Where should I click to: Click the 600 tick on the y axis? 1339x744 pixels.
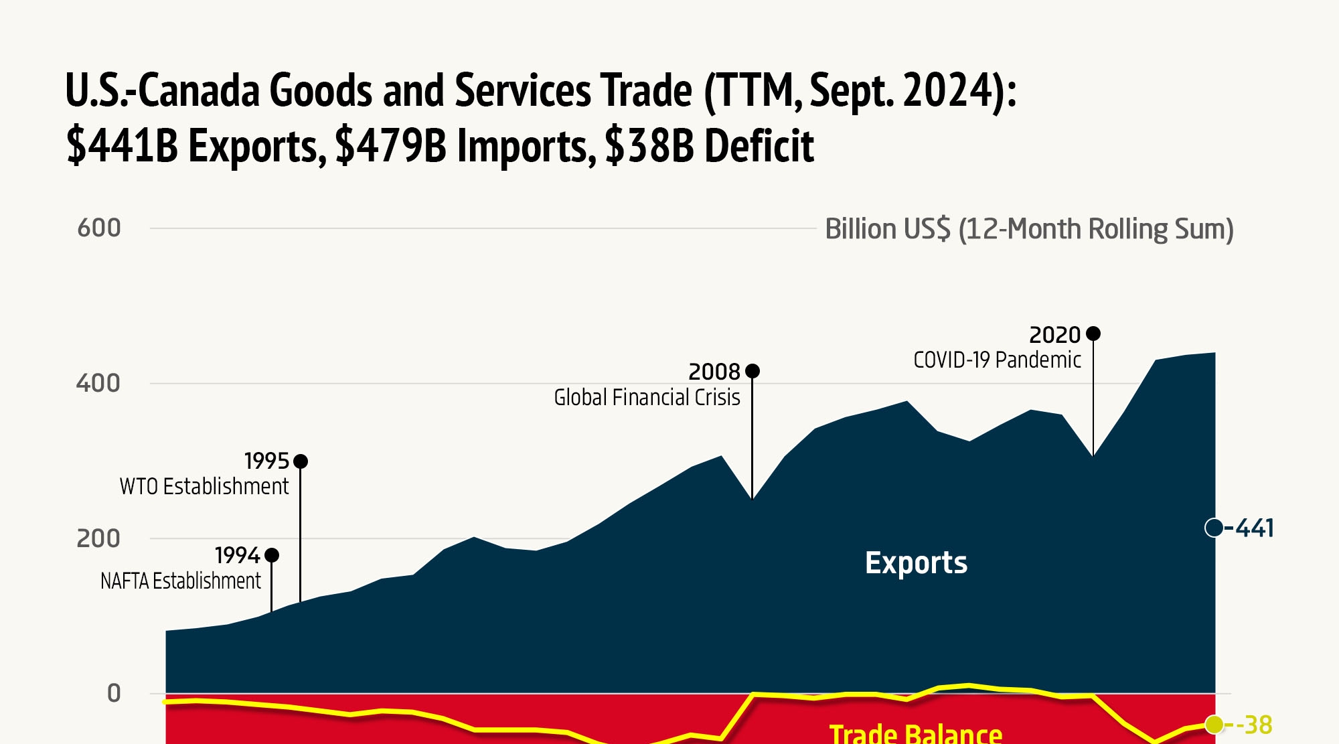tap(98, 228)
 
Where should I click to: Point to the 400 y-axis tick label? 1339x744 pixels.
tap(98, 384)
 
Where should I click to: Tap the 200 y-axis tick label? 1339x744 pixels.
tap(98, 538)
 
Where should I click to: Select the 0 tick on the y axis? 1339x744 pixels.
tap(114, 694)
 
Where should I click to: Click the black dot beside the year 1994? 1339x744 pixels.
tap(272, 555)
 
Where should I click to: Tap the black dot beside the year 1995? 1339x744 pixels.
tap(301, 461)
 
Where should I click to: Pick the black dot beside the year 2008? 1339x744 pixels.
tap(753, 371)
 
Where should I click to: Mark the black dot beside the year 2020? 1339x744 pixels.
tap(1093, 333)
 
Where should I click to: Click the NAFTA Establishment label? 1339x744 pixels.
tap(180, 581)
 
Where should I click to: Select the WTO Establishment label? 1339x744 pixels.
tap(204, 486)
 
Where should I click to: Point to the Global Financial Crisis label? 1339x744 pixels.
tap(647, 398)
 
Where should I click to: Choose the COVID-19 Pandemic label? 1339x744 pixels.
tap(997, 360)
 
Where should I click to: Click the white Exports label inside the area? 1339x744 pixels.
tap(916, 563)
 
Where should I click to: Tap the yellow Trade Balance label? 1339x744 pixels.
tap(915, 733)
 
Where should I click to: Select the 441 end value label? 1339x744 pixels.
tap(1254, 528)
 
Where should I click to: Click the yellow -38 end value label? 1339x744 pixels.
tap(1254, 725)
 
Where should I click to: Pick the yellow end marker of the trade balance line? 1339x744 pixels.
tap(1214, 724)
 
